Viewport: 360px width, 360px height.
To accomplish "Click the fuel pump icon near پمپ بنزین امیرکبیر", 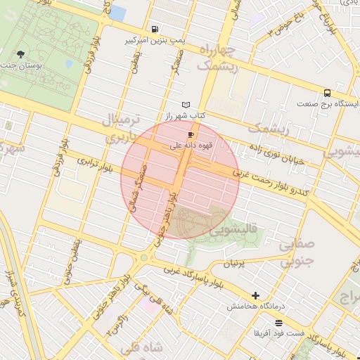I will tap(154, 30).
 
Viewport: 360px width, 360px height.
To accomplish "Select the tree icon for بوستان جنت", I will tap(20, 53).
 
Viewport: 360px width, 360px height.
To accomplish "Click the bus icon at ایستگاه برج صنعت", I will tap(328, 93).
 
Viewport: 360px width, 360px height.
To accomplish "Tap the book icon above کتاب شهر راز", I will tap(186, 105).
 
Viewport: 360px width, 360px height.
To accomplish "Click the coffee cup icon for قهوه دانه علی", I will tap(191, 134).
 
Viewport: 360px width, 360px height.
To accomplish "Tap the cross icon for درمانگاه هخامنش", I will tap(255, 296).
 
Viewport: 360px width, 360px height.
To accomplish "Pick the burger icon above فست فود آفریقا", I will tap(279, 322).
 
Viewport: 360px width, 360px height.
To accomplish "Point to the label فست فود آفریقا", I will tap(280, 333).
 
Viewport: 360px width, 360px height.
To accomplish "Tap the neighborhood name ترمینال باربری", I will tap(124, 128).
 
